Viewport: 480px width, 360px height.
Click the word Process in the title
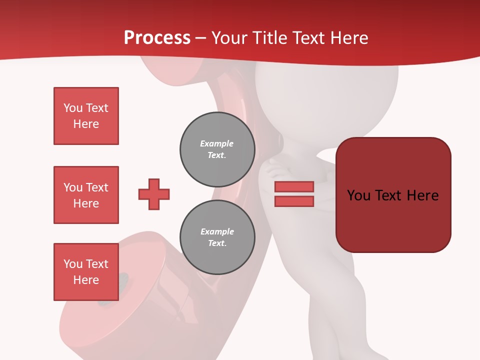click(x=157, y=38)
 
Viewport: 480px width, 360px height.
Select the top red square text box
click(x=86, y=116)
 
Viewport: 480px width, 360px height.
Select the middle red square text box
click(x=86, y=195)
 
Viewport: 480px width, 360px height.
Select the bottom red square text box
click(x=86, y=271)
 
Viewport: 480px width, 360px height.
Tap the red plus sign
click(x=154, y=194)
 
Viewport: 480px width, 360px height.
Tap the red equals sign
click(x=294, y=194)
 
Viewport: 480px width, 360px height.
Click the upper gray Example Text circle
click(x=217, y=149)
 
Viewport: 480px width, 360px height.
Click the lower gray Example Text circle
click(x=217, y=237)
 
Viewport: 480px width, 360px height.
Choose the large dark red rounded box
click(x=393, y=194)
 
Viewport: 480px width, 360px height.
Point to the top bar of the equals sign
click(x=294, y=187)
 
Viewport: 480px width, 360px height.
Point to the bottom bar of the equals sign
click(x=294, y=201)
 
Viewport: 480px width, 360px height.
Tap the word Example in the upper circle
click(x=217, y=143)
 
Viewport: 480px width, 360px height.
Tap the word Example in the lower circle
click(x=217, y=231)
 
